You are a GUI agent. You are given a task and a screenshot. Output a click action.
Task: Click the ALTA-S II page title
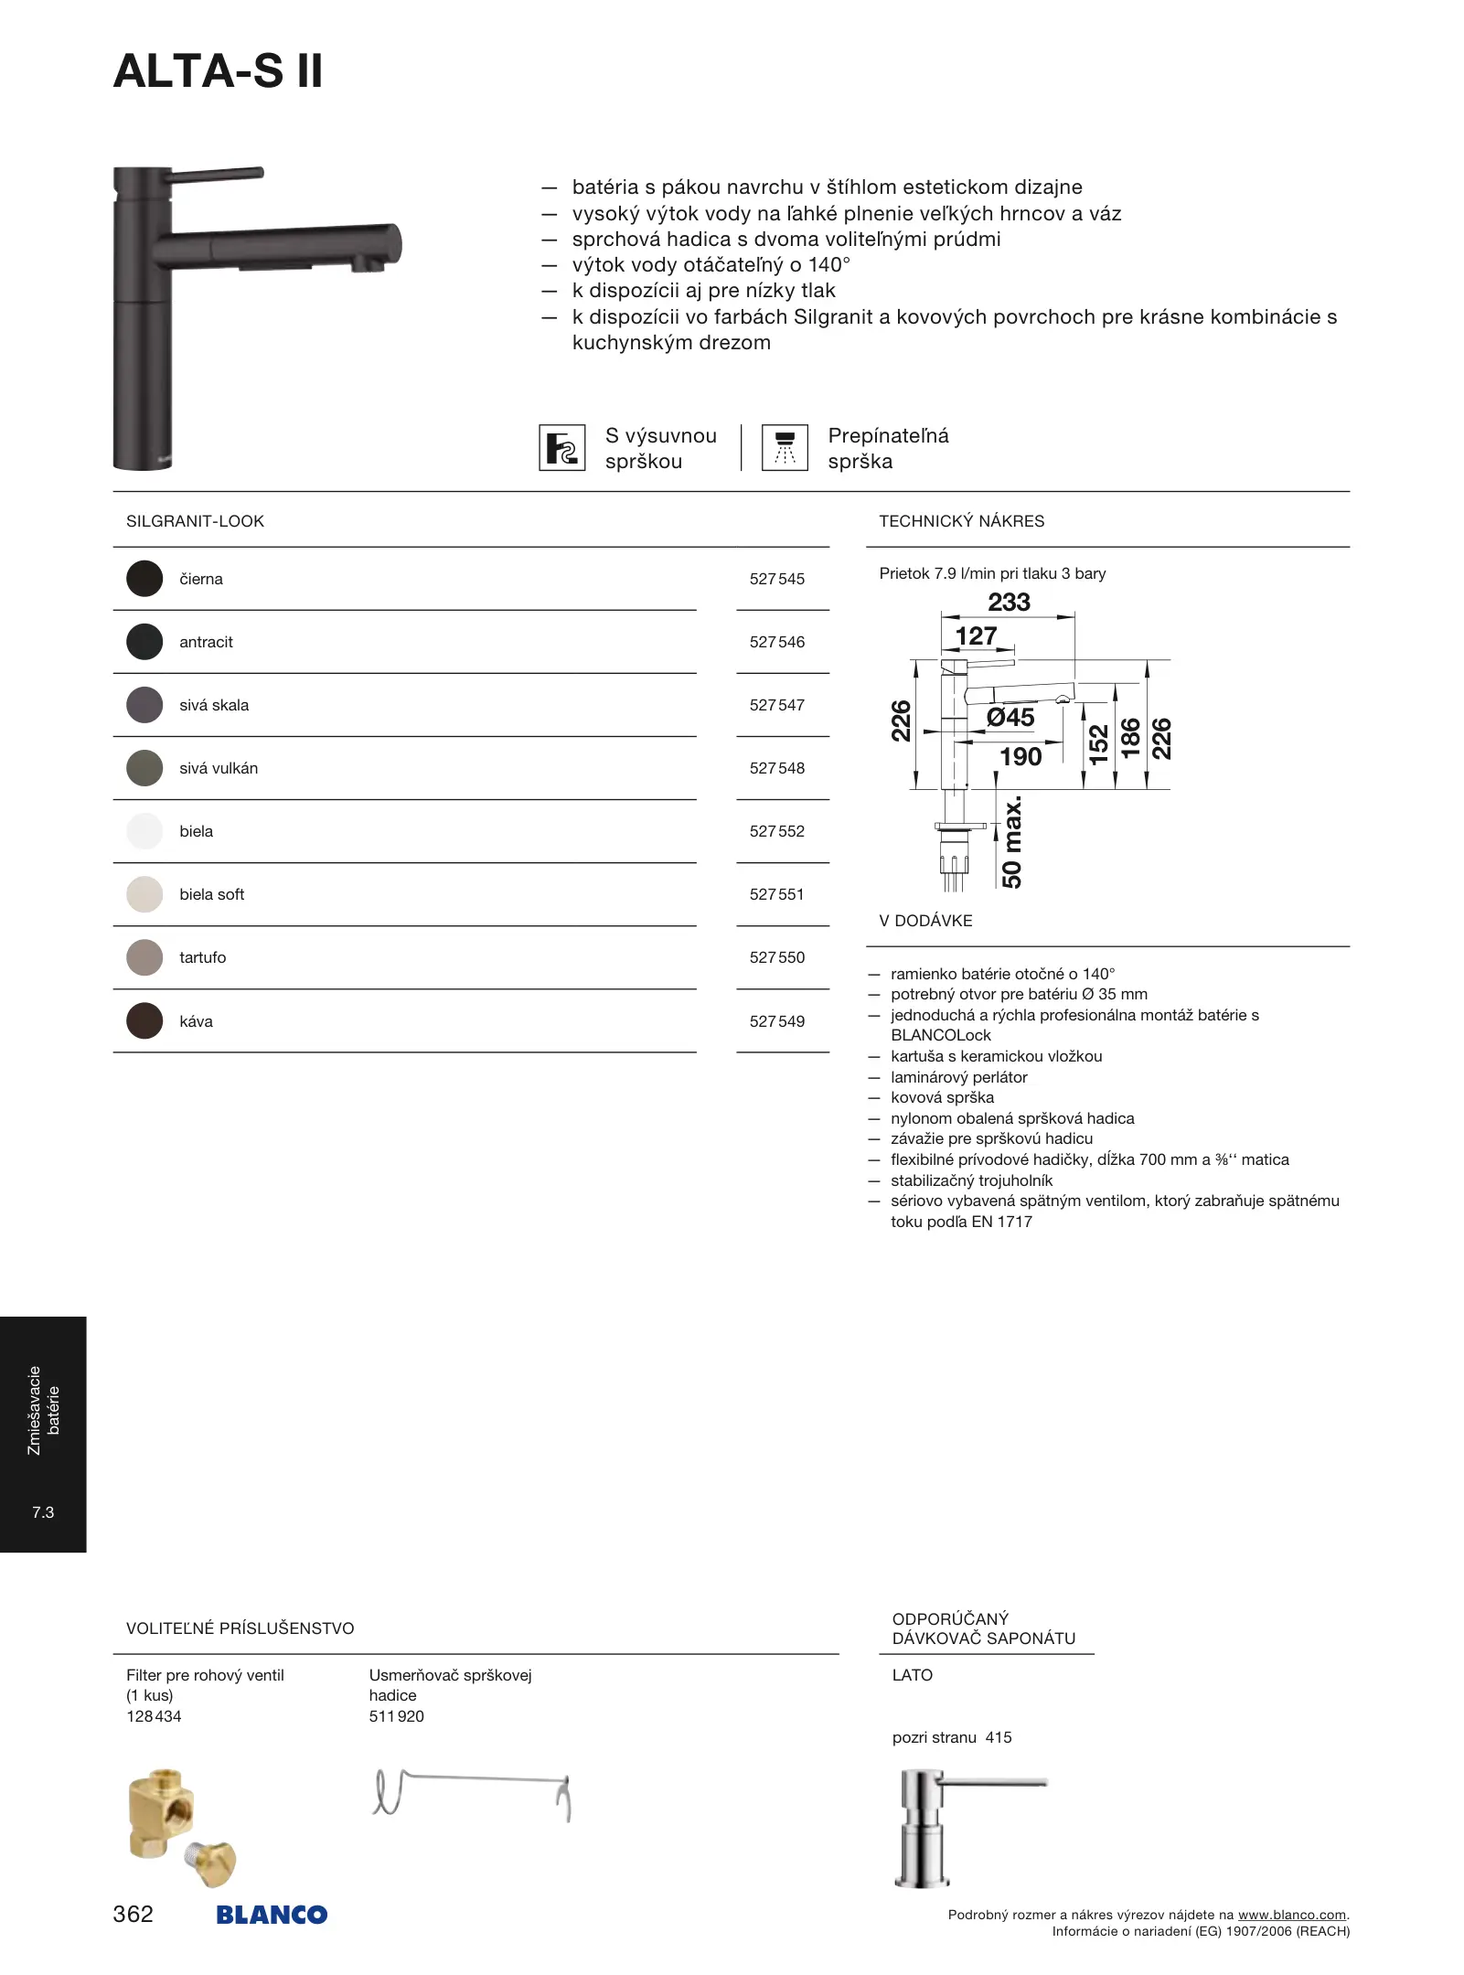pyautogui.click(x=218, y=71)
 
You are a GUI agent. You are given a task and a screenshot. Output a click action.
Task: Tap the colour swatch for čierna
pyautogui.click(x=144, y=579)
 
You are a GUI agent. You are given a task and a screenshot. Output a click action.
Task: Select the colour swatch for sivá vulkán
pyautogui.click(x=144, y=768)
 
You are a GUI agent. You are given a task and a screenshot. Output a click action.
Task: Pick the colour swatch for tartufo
pyautogui.click(x=144, y=957)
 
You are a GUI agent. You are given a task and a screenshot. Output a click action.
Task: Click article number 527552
pyautogui.click(x=776, y=831)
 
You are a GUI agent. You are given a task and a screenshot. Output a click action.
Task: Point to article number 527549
pyautogui.click(x=776, y=1021)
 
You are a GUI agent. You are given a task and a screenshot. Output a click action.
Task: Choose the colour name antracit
pyautogui.click(x=206, y=642)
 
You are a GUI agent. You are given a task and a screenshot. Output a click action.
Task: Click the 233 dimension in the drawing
pyautogui.click(x=1009, y=603)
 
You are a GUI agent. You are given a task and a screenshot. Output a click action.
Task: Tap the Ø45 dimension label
pyautogui.click(x=1010, y=718)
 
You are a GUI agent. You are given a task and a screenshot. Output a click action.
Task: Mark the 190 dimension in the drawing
pyautogui.click(x=1021, y=757)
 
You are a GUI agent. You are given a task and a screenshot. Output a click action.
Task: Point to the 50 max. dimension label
pyautogui.click(x=1012, y=842)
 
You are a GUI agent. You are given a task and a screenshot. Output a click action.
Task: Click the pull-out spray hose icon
pyautogui.click(x=561, y=448)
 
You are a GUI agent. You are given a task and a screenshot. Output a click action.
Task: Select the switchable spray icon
pyautogui.click(x=785, y=448)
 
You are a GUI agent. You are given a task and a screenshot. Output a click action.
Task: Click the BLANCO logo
pyautogui.click(x=272, y=1915)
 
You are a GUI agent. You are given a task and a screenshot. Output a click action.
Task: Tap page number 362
pyautogui.click(x=133, y=1914)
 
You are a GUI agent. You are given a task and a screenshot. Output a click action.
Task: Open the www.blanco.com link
pyautogui.click(x=1291, y=1915)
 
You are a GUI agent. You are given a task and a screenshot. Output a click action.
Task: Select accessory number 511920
pyautogui.click(x=396, y=1716)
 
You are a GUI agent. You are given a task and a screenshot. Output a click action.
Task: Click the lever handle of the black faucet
pyautogui.click(x=219, y=174)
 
